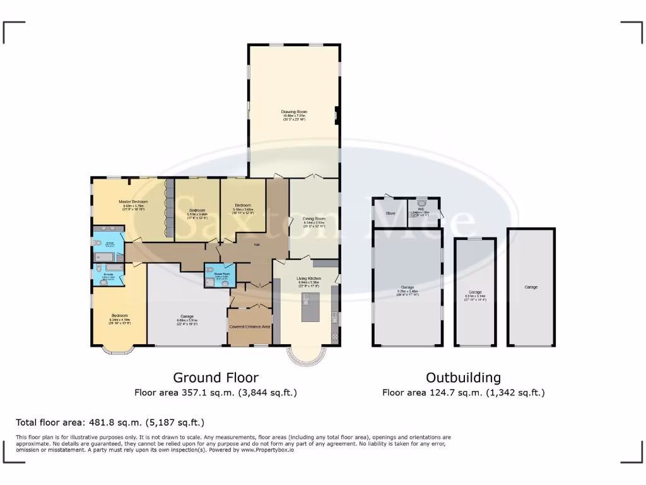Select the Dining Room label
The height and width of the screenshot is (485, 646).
pyautogui.click(x=314, y=219)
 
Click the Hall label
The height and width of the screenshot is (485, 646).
pyautogui.click(x=257, y=244)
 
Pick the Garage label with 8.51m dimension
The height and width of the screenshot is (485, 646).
pyautogui.click(x=474, y=292)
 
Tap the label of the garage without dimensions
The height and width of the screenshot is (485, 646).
pyautogui.click(x=531, y=287)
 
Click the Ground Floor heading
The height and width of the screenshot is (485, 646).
pyautogui.click(x=216, y=378)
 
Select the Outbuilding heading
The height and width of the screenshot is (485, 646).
pyautogui.click(x=463, y=378)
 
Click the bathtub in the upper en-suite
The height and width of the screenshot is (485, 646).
pyautogui.click(x=103, y=257)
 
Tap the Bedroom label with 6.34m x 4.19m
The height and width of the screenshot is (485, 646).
pyautogui.click(x=119, y=316)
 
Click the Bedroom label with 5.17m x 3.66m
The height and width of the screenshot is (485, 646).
pyautogui.click(x=197, y=210)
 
